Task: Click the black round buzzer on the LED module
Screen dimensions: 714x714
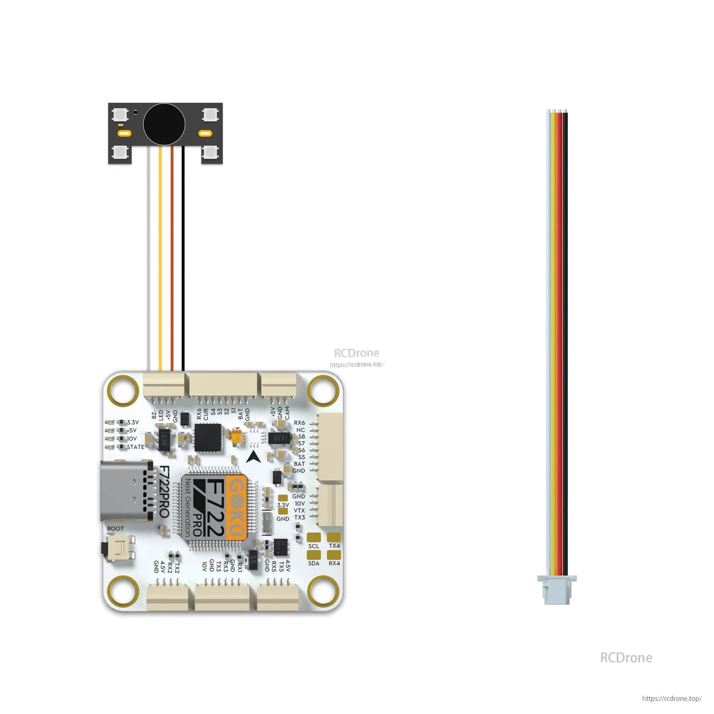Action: [164, 125]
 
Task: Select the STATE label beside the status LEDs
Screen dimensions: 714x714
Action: [135, 447]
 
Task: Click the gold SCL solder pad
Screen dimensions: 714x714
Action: [314, 537]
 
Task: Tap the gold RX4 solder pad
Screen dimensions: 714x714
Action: [335, 555]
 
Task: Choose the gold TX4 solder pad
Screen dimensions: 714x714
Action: [335, 537]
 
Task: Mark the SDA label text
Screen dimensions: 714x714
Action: [314, 564]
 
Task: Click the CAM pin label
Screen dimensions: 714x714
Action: [287, 413]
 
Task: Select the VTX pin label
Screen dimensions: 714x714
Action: [299, 511]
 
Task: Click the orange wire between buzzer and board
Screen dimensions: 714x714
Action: [172, 257]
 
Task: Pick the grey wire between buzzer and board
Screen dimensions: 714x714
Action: [149, 257]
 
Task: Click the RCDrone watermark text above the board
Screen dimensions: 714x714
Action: [357, 353]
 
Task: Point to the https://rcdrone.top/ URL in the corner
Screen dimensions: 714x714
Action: [672, 699]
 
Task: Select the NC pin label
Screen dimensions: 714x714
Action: [300, 430]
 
